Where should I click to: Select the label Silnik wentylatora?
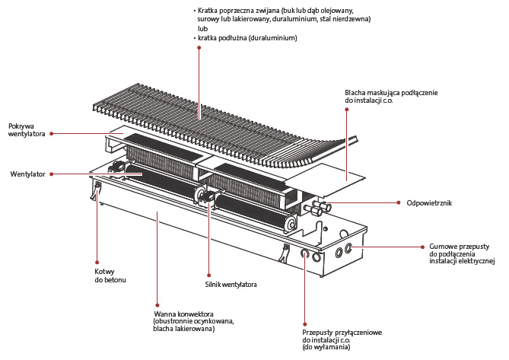(232, 285)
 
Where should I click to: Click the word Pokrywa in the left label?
(22, 126)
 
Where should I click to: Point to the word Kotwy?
(103, 272)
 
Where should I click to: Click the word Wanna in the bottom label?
(164, 314)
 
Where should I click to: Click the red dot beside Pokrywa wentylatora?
(51, 134)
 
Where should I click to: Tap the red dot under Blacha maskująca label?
(348, 109)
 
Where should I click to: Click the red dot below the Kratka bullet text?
(199, 48)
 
